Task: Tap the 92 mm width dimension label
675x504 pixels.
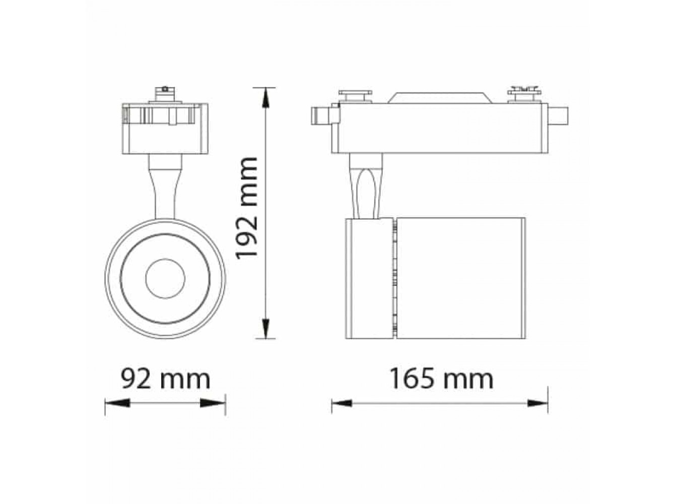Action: pyautogui.click(x=165, y=380)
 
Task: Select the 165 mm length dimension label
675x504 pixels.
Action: pyautogui.click(x=441, y=379)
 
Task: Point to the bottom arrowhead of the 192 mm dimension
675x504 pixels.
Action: pyautogui.click(x=265, y=328)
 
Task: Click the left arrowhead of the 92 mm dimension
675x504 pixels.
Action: pyautogui.click(x=117, y=403)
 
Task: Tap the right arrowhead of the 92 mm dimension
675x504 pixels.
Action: pyautogui.click(x=213, y=403)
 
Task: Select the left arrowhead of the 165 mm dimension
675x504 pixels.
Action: pyautogui.click(x=342, y=403)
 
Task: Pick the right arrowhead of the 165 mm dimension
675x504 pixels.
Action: pyautogui.click(x=537, y=403)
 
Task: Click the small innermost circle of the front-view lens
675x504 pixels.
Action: pyautogui.click(x=165, y=279)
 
